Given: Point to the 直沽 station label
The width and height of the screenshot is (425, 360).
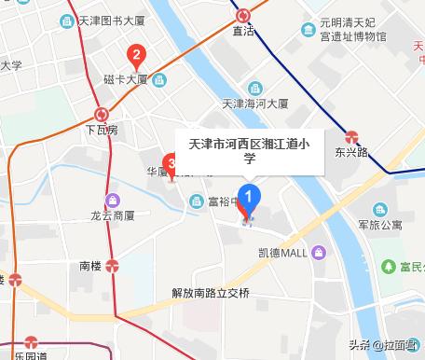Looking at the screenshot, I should pos(243,31).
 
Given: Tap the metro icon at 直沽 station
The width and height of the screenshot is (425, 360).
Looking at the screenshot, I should pos(243,14).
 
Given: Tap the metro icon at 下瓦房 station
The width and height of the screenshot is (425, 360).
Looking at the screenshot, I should pos(102,114).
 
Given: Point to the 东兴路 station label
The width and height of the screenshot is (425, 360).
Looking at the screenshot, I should pos(352,150).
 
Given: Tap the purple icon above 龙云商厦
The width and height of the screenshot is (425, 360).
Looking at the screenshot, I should pos(113,199).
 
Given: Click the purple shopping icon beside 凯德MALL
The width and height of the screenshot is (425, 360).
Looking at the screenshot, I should pos(319,253).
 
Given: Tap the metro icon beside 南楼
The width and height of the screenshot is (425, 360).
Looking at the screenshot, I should pos(113,265).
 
